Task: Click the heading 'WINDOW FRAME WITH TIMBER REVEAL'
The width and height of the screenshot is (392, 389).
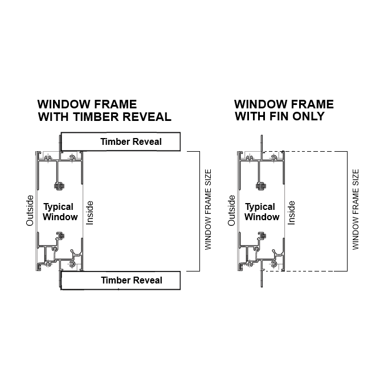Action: (104, 111)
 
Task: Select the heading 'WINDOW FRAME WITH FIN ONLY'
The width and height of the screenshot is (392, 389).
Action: (284, 110)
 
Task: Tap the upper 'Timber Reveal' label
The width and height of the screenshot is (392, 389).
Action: (131, 141)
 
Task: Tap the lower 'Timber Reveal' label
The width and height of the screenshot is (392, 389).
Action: (131, 280)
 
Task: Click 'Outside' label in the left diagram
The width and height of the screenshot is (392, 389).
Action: (30, 211)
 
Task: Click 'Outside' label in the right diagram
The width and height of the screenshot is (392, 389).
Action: (231, 210)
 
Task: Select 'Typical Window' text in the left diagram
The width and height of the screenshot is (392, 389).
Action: (60, 212)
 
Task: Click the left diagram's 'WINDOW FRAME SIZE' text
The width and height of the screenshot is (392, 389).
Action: (208, 208)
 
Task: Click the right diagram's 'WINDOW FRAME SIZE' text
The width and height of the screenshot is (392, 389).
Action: (356, 209)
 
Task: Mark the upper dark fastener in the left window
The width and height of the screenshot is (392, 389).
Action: (58, 185)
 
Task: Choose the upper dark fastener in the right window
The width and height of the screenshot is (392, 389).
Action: (260, 185)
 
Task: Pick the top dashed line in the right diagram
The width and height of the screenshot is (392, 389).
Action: (313, 152)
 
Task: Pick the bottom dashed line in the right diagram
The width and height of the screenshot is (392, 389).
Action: (313, 270)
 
